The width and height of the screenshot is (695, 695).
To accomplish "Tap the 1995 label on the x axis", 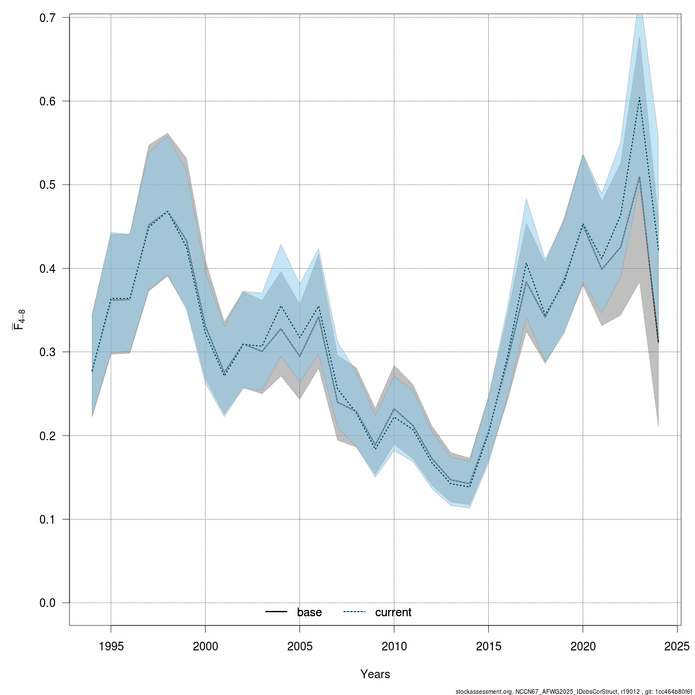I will tap(111, 646).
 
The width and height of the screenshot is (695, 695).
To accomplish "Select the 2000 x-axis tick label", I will tap(205, 646).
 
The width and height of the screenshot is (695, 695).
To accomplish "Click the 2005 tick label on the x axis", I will tap(299, 646).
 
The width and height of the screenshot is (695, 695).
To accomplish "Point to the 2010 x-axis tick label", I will tap(394, 646).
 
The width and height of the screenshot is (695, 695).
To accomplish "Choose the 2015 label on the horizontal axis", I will tap(488, 646).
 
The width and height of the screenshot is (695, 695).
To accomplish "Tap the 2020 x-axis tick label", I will tap(583, 646).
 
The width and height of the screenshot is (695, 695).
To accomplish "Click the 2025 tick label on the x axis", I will tap(677, 646).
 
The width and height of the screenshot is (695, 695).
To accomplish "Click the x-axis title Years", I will tap(375, 674).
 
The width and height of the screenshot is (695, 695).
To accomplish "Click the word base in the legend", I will tap(309, 613).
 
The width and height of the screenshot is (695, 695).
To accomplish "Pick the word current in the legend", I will tap(393, 613).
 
